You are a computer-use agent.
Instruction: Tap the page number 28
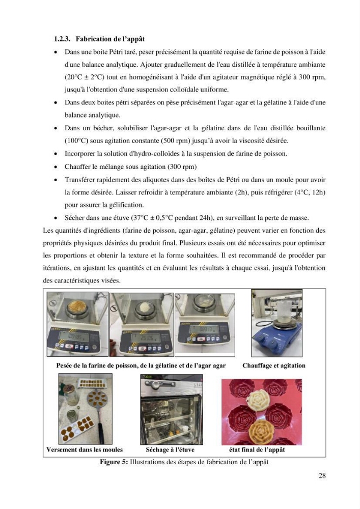(322, 475)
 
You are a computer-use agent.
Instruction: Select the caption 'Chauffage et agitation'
(273, 365)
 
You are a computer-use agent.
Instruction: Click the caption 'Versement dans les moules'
(85, 449)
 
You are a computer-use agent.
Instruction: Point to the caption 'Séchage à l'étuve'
(170, 449)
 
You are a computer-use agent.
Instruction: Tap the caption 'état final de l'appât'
(257, 449)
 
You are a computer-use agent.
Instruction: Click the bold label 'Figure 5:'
(114, 462)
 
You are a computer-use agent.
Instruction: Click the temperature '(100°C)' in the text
(76, 141)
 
